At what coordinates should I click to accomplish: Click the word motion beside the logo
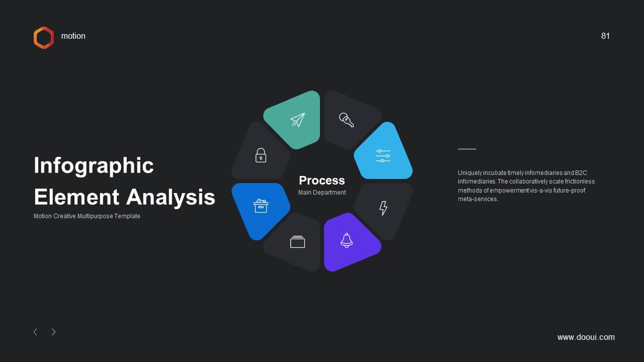coord(73,36)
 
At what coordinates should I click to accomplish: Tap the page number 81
coord(605,36)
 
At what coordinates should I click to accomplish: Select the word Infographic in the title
coord(94,165)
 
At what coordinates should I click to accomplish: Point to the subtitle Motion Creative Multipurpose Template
coord(87,216)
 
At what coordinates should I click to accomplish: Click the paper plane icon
coord(297,120)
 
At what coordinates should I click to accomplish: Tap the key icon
coord(347,120)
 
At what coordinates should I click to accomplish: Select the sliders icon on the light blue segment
coord(383,156)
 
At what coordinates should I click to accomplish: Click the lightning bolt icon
coord(383,208)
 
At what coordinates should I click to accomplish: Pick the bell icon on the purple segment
coord(347,240)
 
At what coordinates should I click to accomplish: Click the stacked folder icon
coord(297,242)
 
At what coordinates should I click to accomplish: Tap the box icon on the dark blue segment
coord(261,206)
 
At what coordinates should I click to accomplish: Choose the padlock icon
coord(261,155)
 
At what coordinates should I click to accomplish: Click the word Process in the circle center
coord(321,180)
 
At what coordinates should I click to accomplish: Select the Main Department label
coord(322,193)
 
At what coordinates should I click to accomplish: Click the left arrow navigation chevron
coord(35,332)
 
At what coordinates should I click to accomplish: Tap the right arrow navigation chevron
coord(53,332)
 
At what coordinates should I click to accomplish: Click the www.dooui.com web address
coord(586,337)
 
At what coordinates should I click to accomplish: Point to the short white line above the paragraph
coord(467,149)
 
